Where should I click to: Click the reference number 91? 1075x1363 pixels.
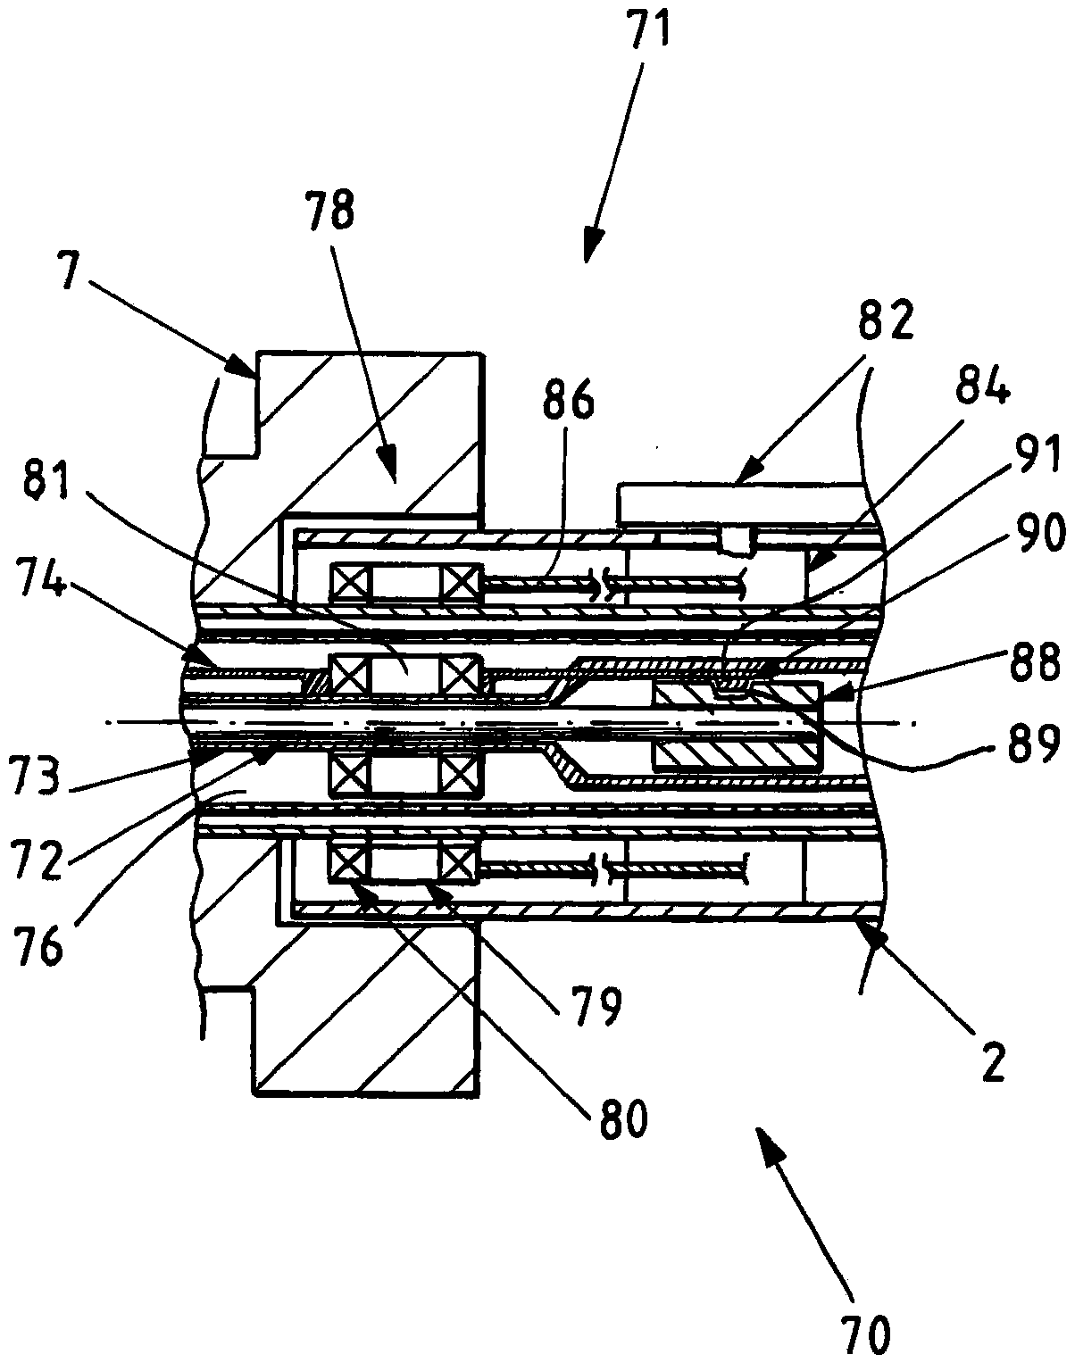[1032, 458]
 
